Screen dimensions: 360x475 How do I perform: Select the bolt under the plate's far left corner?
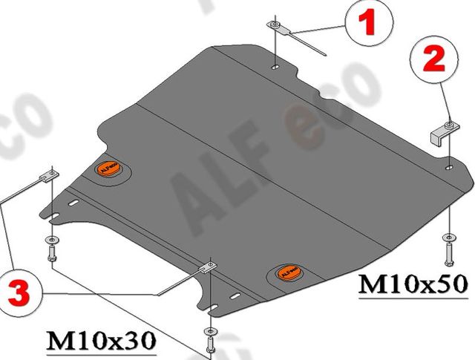[50, 255]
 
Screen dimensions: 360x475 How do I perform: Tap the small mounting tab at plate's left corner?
[48, 176]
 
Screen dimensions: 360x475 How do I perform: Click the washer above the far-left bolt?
[50, 239]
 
